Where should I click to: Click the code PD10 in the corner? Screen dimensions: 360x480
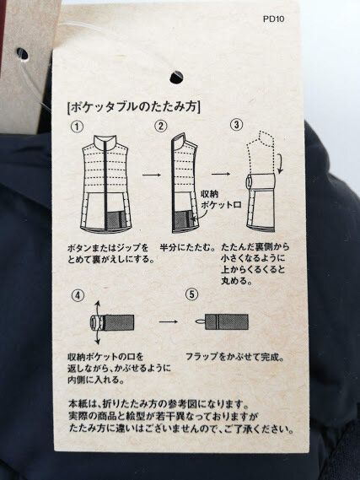point(273,19)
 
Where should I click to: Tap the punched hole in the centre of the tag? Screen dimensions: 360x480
point(176,77)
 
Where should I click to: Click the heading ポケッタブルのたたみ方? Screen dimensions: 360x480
point(134,107)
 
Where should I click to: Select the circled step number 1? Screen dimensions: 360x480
point(77,127)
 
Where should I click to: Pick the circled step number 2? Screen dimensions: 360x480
point(161,126)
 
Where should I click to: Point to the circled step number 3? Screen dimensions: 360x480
point(236,125)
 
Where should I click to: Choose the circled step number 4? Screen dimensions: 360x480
point(78,295)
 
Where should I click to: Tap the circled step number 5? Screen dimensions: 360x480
point(191,294)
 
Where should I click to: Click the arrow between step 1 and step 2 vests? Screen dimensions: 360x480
point(152,175)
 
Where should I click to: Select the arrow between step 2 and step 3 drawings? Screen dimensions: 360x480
point(221,174)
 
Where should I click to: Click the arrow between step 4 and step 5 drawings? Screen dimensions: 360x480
point(169,321)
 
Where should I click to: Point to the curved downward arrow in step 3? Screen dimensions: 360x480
point(281,163)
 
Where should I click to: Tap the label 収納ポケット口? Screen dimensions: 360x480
point(221,199)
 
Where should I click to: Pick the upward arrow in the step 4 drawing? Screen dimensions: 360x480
point(97,308)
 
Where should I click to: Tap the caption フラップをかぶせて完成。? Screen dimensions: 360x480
point(235,357)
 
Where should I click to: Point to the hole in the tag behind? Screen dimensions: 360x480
point(22,55)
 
